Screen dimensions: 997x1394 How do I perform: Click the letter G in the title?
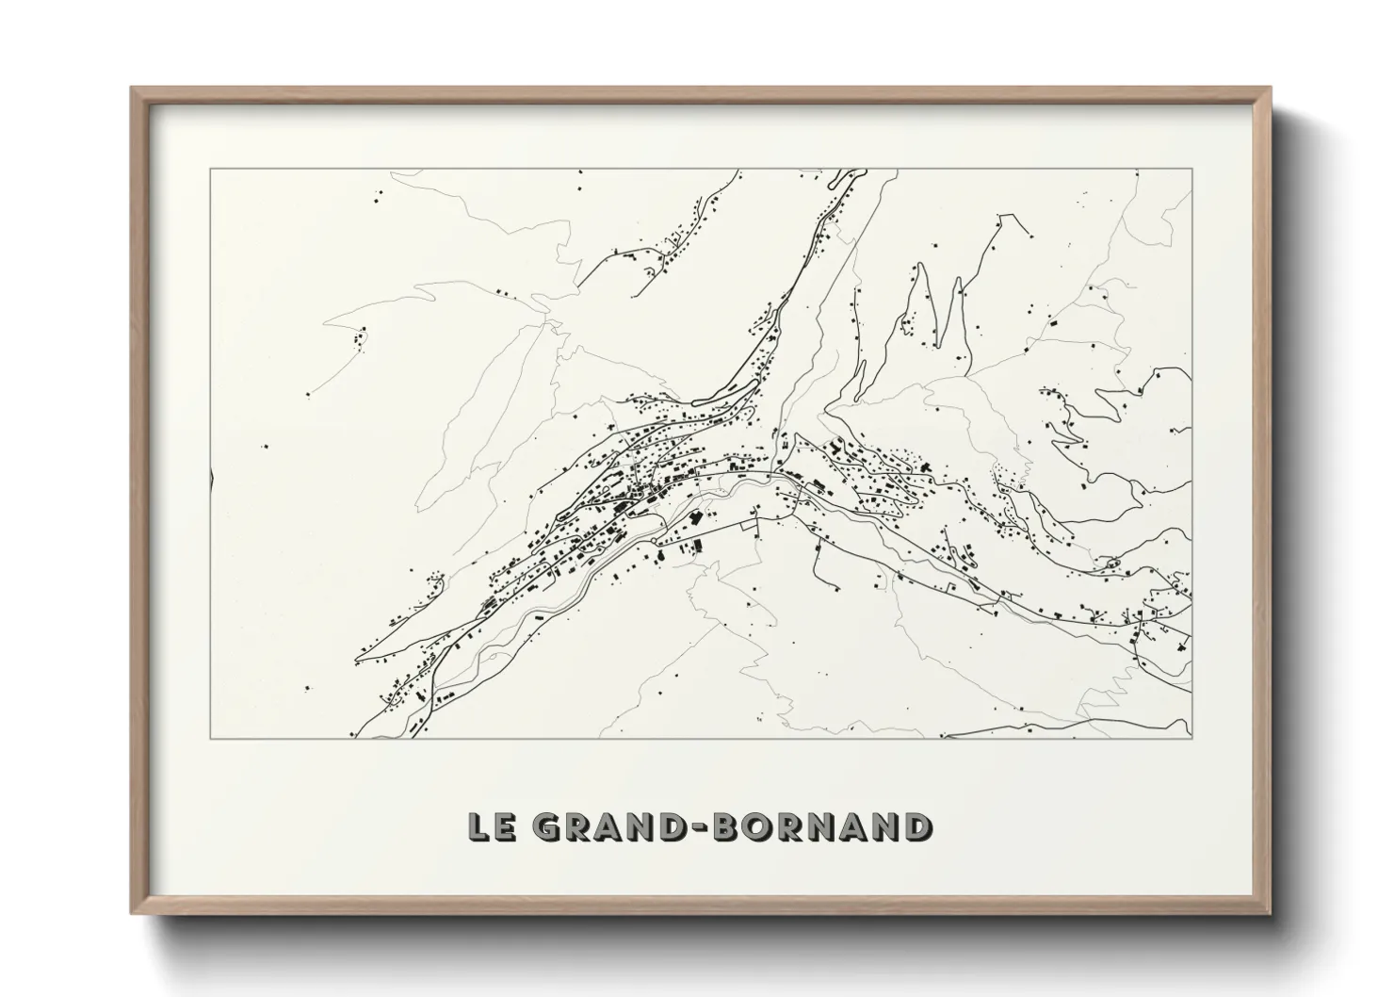tap(545, 826)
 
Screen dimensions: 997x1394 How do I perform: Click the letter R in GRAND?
tap(574, 826)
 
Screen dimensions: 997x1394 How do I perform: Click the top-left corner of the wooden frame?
tap(132, 89)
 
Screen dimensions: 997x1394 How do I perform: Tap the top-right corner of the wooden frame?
tap(1270, 89)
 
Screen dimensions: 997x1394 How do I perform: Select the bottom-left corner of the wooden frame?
tap(132, 913)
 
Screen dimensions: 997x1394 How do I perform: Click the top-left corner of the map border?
tap(210, 169)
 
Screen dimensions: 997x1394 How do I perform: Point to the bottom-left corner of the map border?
tap(210, 738)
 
